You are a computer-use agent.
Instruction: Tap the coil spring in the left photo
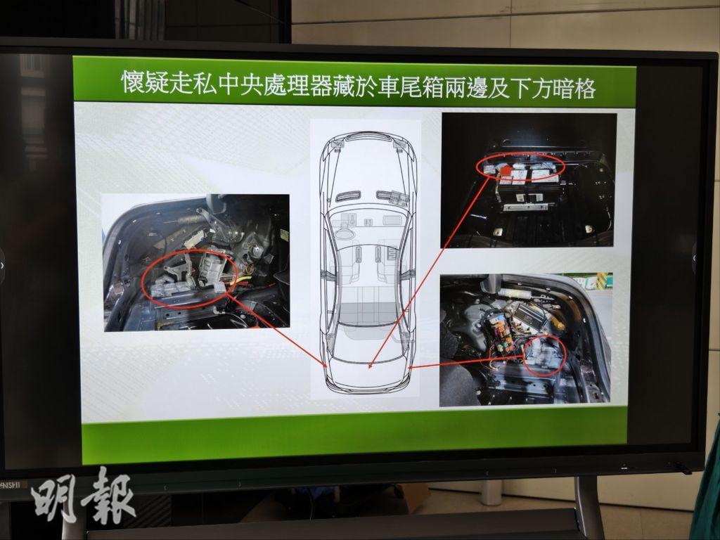coord(189,219)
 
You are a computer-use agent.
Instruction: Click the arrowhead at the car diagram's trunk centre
coord(370,366)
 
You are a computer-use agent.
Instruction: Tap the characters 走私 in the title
coord(193,84)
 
